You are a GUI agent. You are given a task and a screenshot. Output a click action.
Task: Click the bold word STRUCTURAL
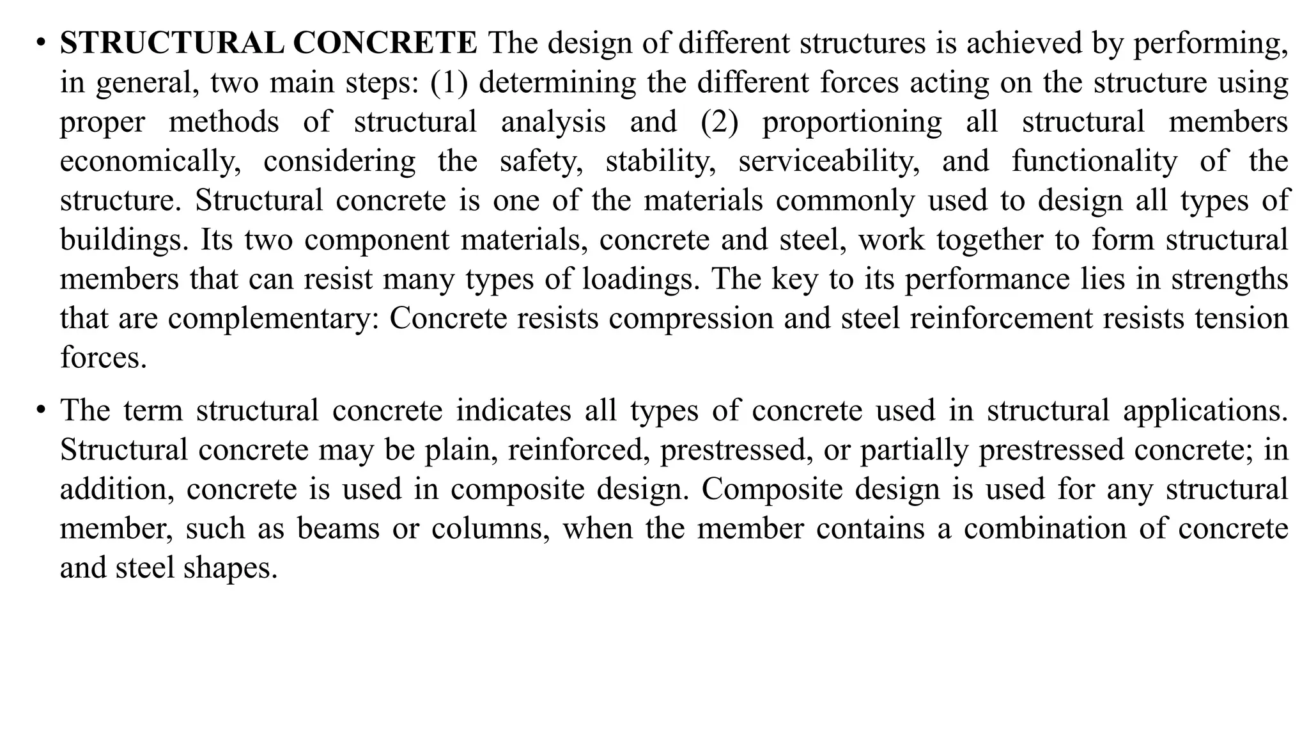172,44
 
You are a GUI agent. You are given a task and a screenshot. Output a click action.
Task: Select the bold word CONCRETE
385,44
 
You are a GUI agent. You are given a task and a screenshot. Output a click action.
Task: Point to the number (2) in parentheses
719,122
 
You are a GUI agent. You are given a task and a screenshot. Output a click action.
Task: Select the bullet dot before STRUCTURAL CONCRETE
41,44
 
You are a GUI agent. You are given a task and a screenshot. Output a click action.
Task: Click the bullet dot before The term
41,411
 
